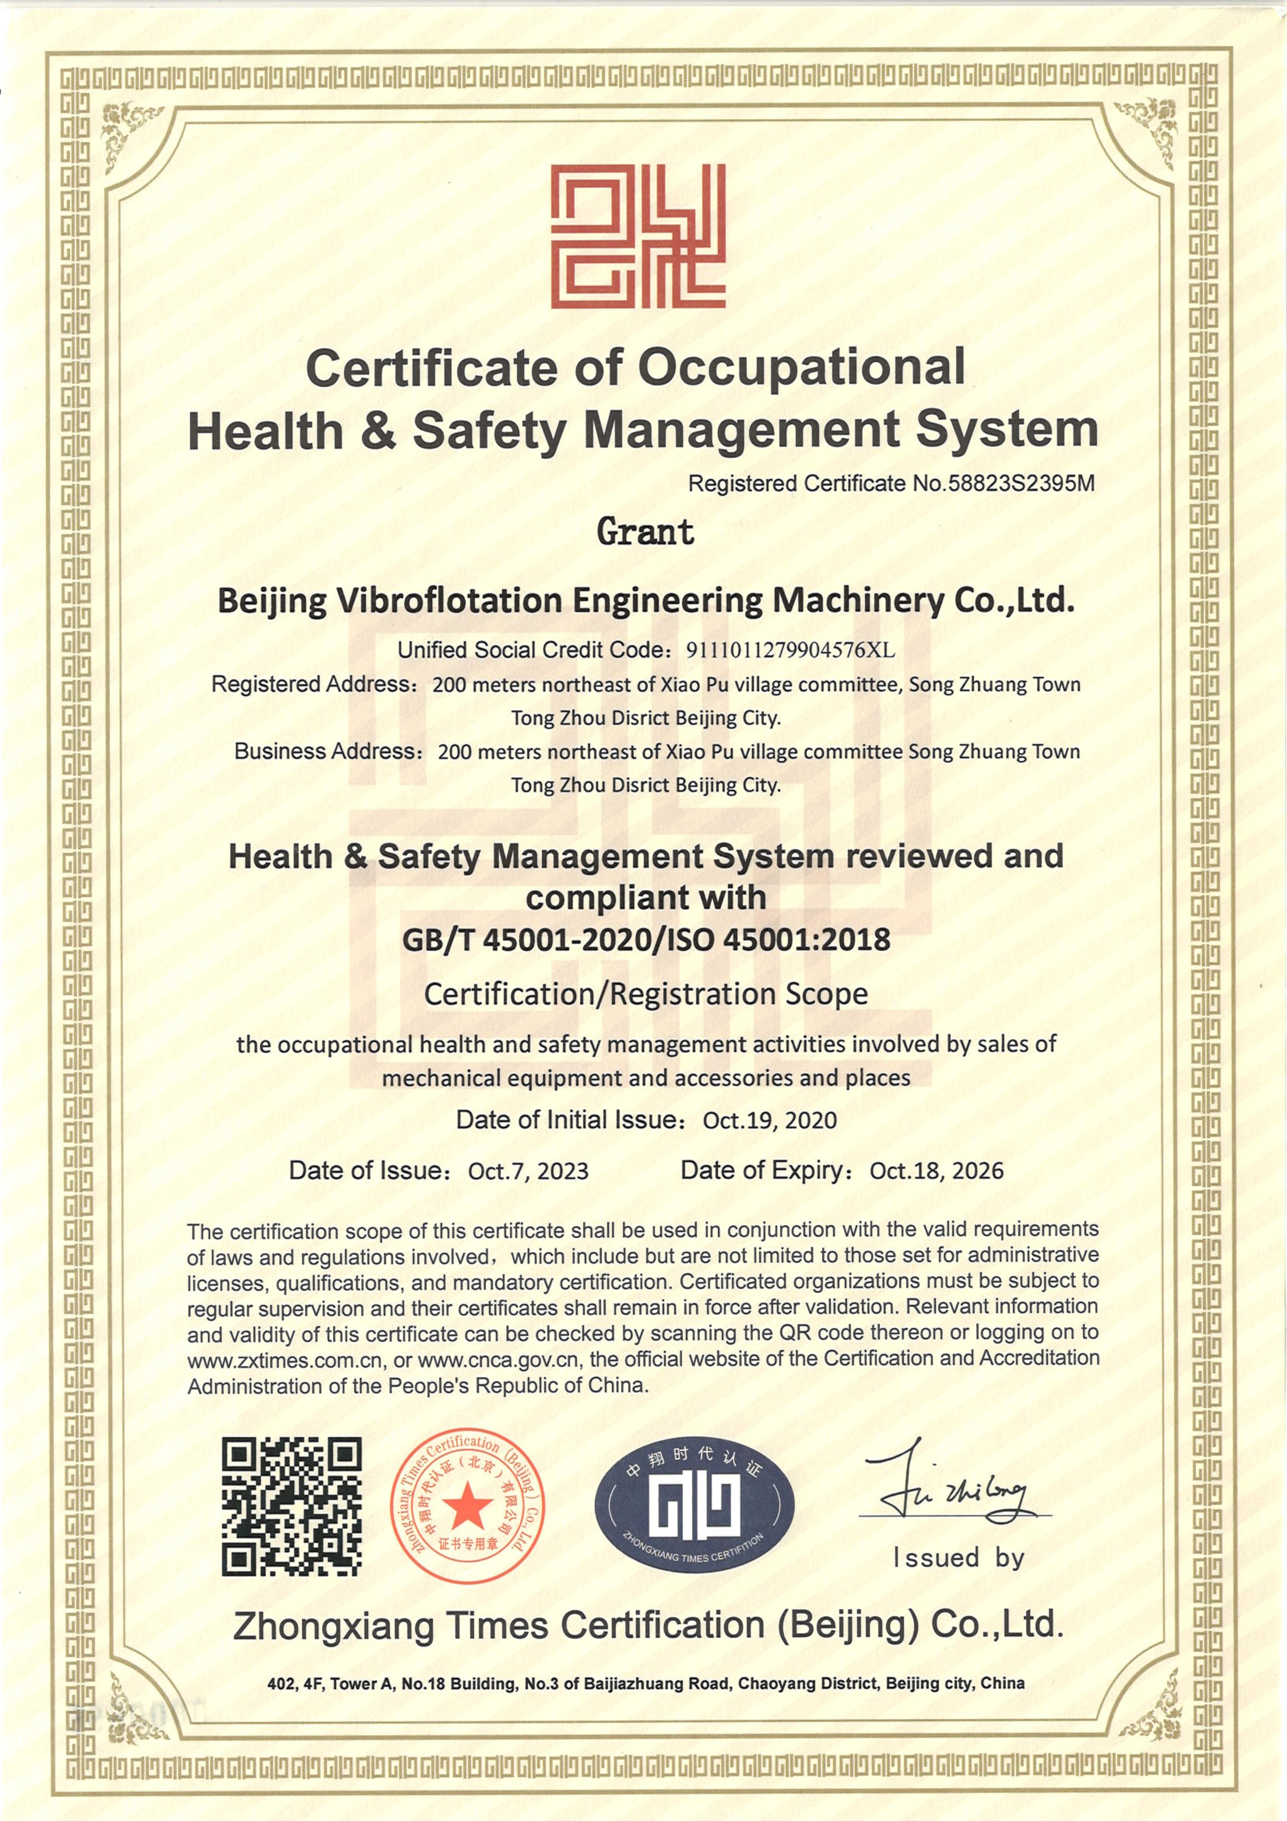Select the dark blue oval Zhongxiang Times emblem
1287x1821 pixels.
(694, 1506)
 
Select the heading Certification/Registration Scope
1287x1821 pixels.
(646, 994)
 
